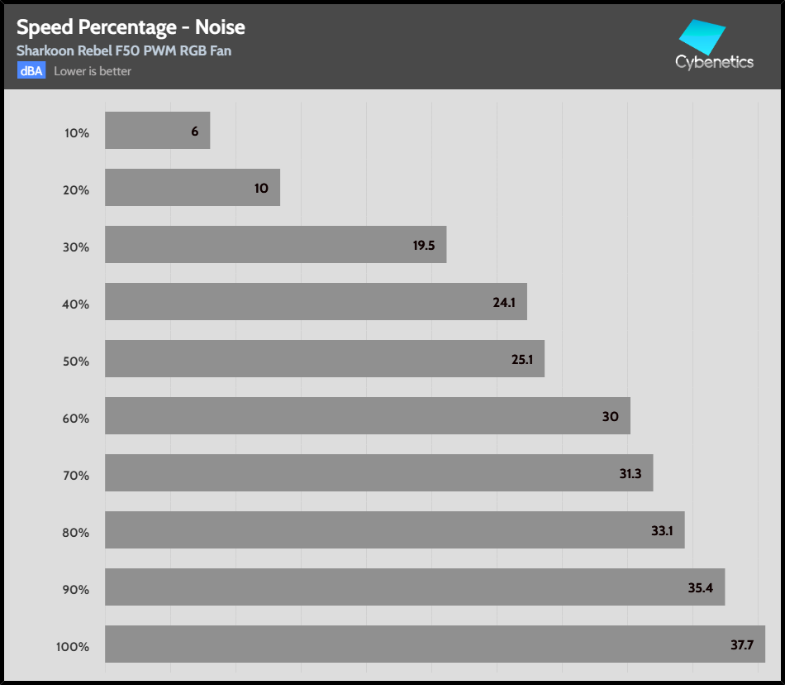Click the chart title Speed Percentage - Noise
pos(131,27)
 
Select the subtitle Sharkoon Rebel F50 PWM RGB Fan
pos(124,50)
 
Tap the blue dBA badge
pos(31,70)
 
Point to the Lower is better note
pos(93,71)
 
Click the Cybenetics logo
pos(714,46)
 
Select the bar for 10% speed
pos(157,131)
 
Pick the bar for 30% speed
pos(275,245)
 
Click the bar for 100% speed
pos(435,644)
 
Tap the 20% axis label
pos(76,189)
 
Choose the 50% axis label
pos(76,361)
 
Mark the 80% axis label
pos(76,532)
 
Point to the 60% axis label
pos(76,418)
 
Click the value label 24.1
pos(504,303)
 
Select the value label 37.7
pos(742,644)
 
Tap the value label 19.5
pos(424,246)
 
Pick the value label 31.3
pos(630,474)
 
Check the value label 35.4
pos(701,588)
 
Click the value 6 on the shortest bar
pos(194,132)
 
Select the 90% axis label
pos(76,589)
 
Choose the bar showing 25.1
pos(325,359)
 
